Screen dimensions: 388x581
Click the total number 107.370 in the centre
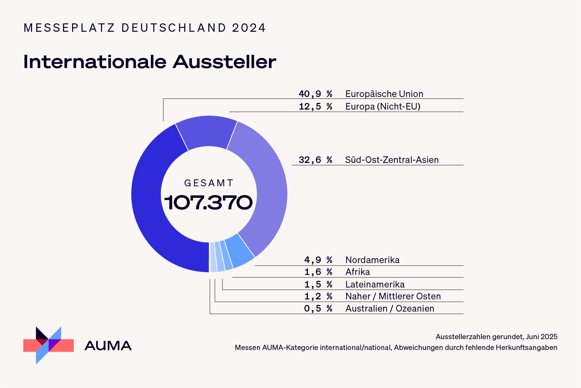point(208,202)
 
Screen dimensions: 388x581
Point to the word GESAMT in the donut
point(209,183)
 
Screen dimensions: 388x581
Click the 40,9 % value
point(315,94)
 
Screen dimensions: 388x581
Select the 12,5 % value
point(315,106)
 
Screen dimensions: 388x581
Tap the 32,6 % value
point(315,160)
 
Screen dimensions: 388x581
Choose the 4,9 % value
point(318,260)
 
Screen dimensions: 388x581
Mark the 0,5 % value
point(318,308)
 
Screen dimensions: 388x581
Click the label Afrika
point(357,272)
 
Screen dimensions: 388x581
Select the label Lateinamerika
point(375,284)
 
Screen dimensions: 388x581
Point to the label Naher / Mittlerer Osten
point(393,296)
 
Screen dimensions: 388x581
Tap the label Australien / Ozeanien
point(389,308)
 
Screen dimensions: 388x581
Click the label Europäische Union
point(384,94)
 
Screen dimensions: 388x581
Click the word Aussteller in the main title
point(224,62)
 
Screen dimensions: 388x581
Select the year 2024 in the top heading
point(249,28)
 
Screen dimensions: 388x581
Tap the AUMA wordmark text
point(108,346)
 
